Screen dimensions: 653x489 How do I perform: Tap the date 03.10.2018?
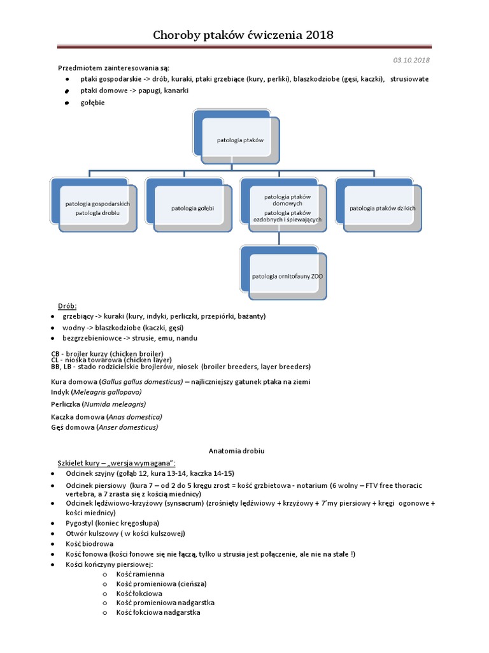pos(411,60)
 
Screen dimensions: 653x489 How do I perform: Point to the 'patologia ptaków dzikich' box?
pos(382,208)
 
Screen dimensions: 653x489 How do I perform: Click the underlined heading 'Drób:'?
pos(67,306)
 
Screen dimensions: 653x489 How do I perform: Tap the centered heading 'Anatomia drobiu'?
pos(236,451)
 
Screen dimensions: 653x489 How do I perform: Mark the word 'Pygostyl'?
pos(80,522)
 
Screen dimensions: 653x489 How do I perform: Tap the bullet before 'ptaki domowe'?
pos(67,91)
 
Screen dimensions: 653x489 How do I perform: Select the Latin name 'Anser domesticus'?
pos(127,427)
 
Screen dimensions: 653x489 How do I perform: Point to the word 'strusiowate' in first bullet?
pos(410,79)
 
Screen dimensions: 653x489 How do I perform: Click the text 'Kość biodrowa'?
pos(89,543)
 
